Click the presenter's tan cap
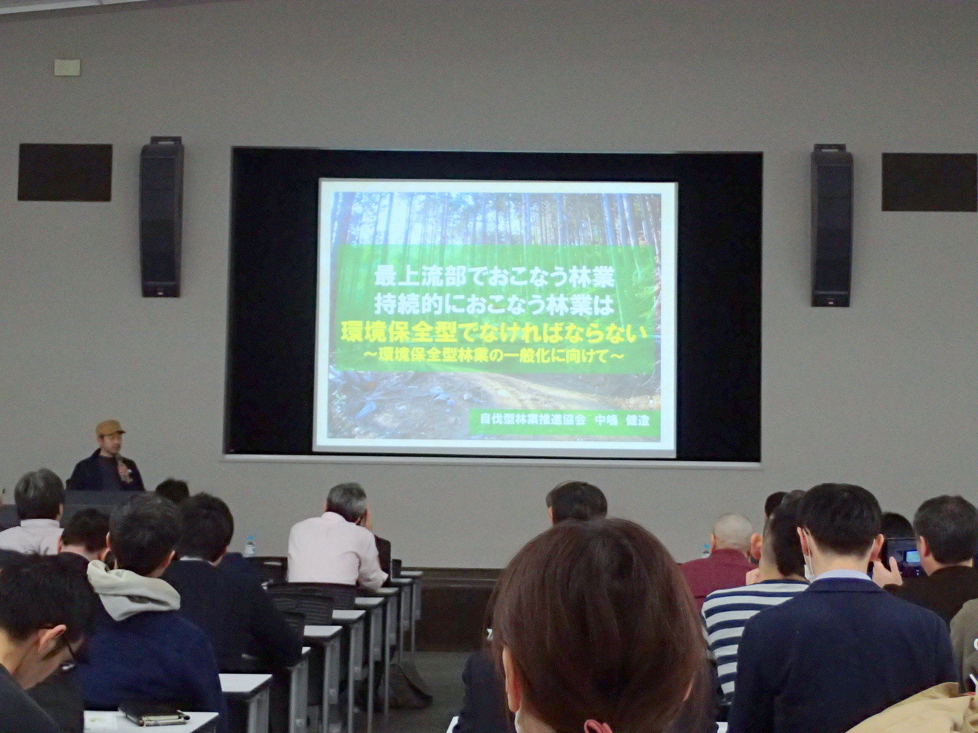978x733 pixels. pos(109,428)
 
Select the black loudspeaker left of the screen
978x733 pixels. pos(162,217)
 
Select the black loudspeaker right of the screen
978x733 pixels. pos(831,225)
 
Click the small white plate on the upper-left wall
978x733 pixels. pos(67,67)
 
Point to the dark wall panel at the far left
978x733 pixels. pos(65,172)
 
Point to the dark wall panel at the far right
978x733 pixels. pos(930,182)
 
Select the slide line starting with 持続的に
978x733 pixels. pos(495,305)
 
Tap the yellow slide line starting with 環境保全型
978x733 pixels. pos(494,334)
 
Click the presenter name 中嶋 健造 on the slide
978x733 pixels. pos(622,420)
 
